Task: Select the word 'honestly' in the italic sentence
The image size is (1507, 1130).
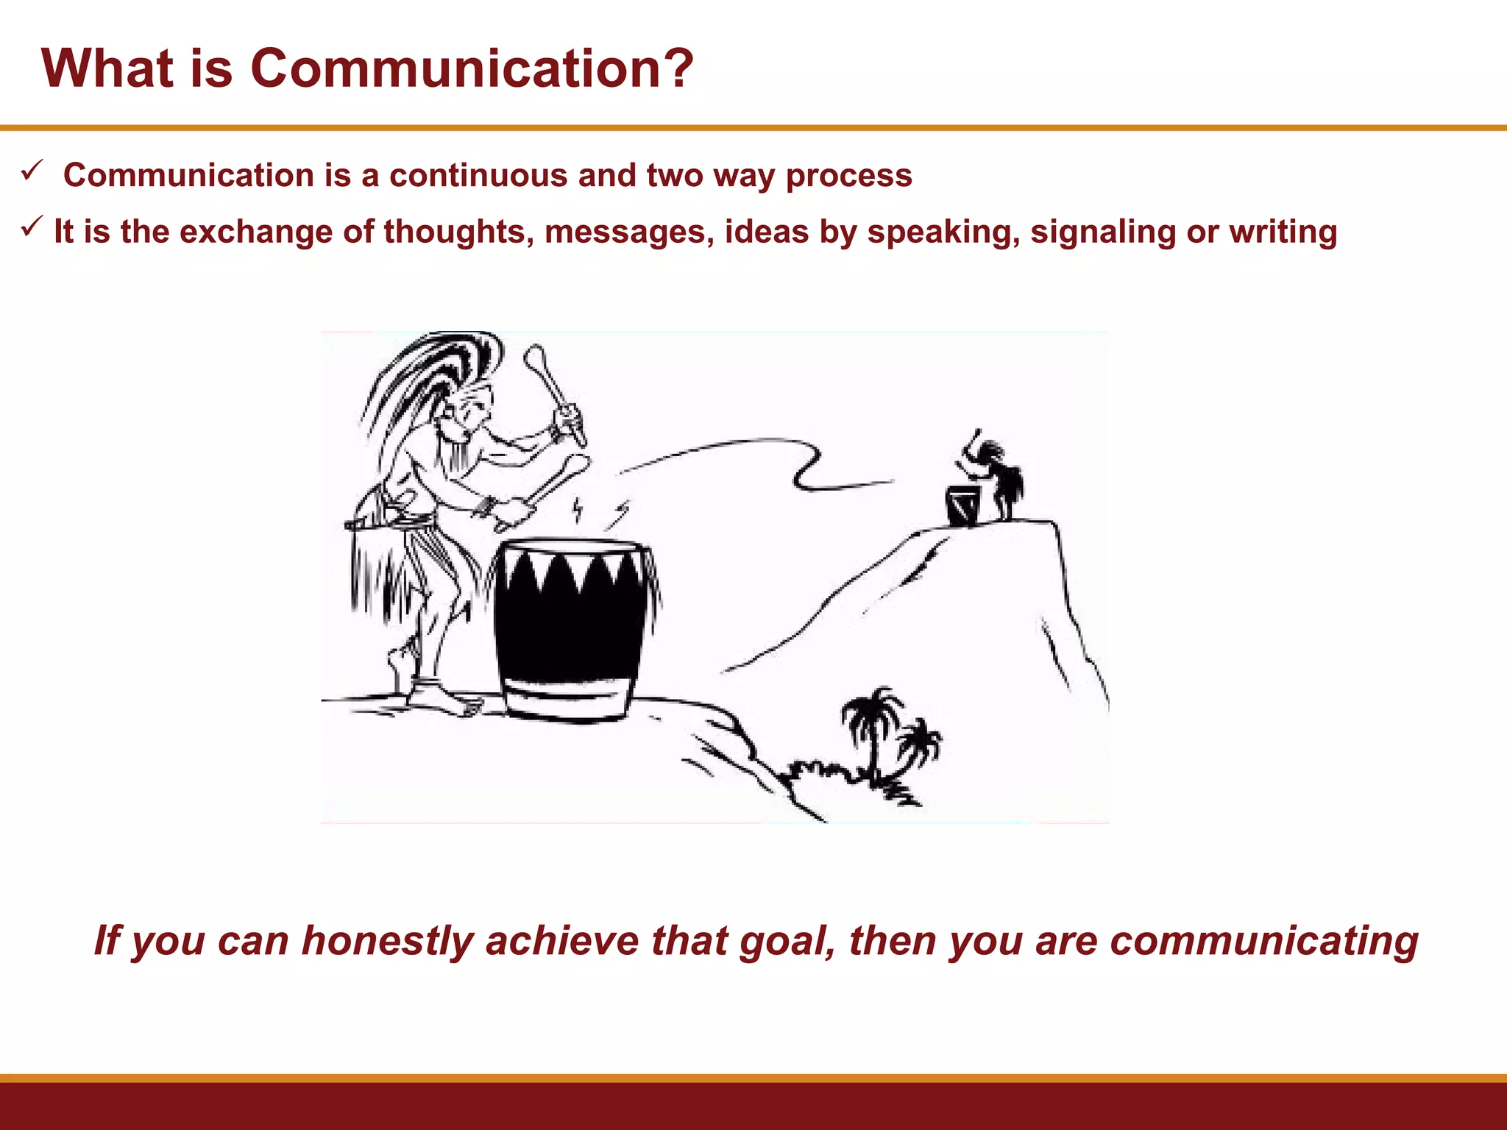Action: point(387,942)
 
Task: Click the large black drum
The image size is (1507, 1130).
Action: point(570,625)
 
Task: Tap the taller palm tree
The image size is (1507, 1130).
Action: point(873,728)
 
